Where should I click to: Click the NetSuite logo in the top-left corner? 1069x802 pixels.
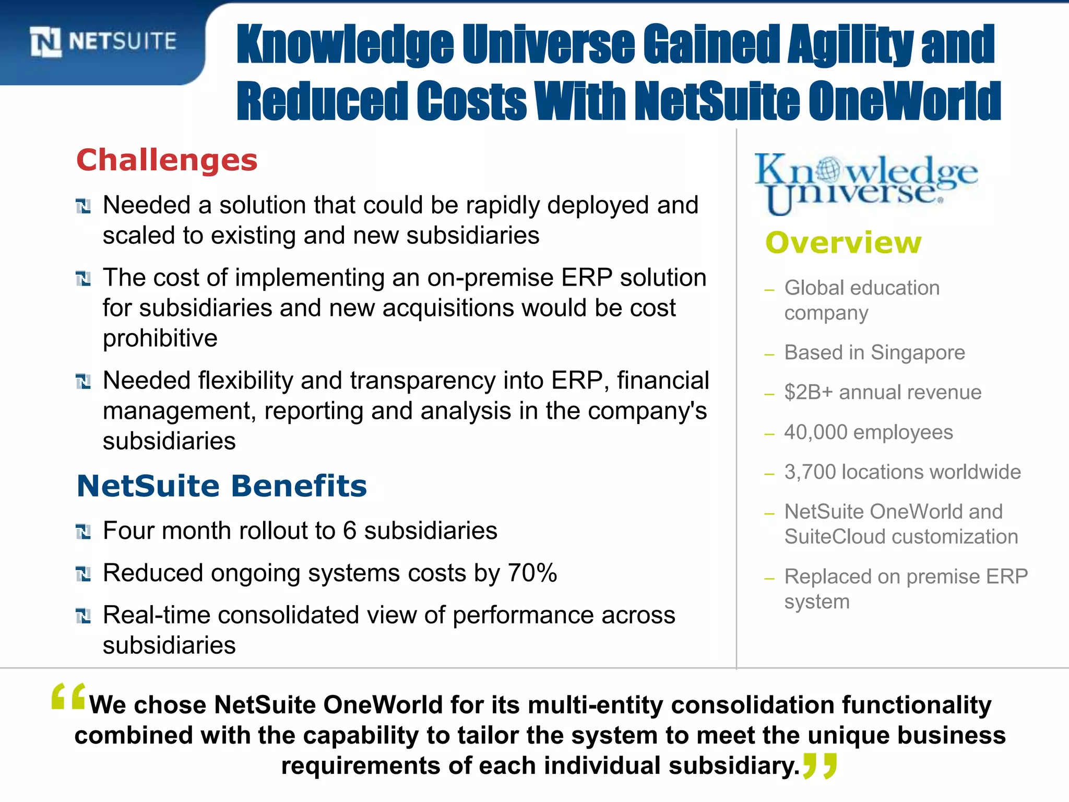click(x=103, y=42)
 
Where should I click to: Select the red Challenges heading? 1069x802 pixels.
click(x=167, y=160)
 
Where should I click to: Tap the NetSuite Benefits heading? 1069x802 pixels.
click(x=222, y=486)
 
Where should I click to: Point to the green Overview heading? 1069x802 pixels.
click(x=843, y=243)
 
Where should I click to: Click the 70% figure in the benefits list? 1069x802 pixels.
click(x=532, y=573)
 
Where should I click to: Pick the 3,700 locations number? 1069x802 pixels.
click(x=810, y=472)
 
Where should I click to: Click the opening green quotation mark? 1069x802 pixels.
click(x=68, y=697)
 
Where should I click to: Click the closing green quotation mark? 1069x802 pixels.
click(x=820, y=765)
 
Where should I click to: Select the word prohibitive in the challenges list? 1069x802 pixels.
click(x=160, y=338)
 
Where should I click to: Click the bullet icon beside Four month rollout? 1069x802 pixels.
click(x=83, y=532)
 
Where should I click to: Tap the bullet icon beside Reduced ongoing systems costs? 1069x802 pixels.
click(x=83, y=574)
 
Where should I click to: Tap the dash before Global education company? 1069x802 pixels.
click(x=769, y=290)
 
